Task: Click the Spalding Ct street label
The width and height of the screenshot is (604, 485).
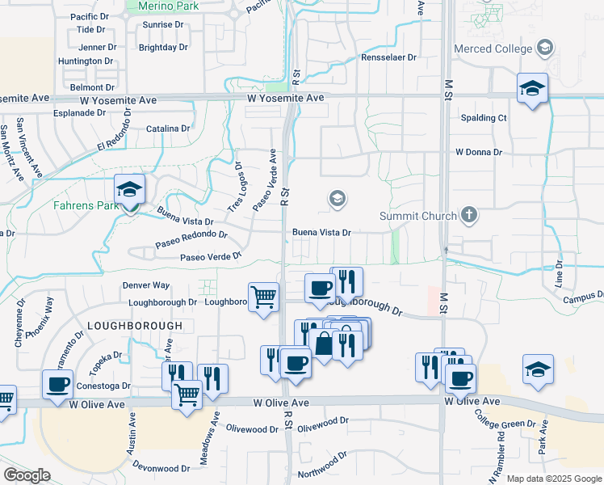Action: pyautogui.click(x=483, y=117)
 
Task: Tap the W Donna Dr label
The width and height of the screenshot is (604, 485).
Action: pyautogui.click(x=478, y=151)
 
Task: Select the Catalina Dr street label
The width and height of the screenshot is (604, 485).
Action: pyautogui.click(x=168, y=128)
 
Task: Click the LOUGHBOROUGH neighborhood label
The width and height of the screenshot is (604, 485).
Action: pyautogui.click(x=135, y=325)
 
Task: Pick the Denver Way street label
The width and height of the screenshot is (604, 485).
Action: pyautogui.click(x=146, y=285)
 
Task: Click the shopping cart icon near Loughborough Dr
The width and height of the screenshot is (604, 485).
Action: pyautogui.click(x=263, y=298)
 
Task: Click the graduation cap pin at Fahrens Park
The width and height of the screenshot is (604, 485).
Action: pyautogui.click(x=129, y=190)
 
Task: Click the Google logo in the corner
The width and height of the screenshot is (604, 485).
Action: pyautogui.click(x=27, y=474)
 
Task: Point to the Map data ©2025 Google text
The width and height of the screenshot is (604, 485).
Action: pyautogui.click(x=555, y=479)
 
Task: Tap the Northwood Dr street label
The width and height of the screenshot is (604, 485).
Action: pyautogui.click(x=323, y=474)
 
